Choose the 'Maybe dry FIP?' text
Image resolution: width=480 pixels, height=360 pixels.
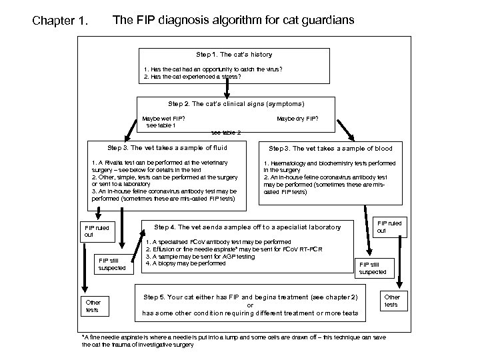[297, 119]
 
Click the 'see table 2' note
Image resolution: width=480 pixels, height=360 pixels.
[226, 132]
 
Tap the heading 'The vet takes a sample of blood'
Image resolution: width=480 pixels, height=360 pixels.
[330, 148]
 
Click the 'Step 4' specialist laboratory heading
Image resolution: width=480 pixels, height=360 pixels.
[247, 227]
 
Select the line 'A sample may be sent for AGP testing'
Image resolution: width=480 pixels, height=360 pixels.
[200, 256]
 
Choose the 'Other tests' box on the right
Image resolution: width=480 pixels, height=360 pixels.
[393, 301]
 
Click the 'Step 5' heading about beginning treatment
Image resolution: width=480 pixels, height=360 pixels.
[250, 297]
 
